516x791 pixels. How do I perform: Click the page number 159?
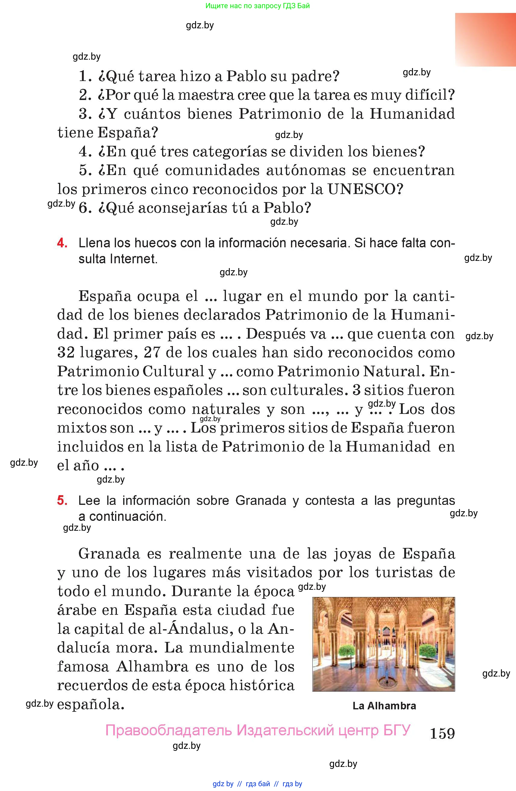tap(442, 733)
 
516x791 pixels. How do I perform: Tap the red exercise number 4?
tap(62, 243)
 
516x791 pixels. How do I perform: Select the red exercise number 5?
tap(62, 500)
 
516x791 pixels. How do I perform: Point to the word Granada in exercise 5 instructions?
tap(261, 500)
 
